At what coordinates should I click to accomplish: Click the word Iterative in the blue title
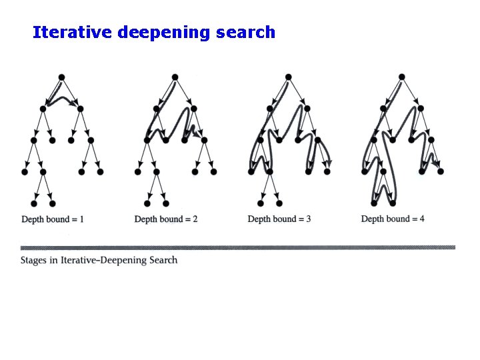click(x=72, y=32)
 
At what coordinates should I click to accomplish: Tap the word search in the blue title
click(x=245, y=32)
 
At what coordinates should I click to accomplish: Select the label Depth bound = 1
click(x=53, y=219)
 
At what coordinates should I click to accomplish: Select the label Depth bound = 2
click(x=166, y=219)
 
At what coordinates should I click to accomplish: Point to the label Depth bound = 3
click(x=279, y=219)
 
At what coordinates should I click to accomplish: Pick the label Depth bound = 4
click(x=393, y=219)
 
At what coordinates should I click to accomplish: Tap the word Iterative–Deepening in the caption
click(x=103, y=260)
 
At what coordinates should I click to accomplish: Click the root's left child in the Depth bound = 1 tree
click(x=43, y=109)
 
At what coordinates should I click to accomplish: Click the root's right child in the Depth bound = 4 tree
click(x=420, y=109)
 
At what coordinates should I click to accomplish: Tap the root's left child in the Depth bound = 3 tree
click(x=269, y=109)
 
